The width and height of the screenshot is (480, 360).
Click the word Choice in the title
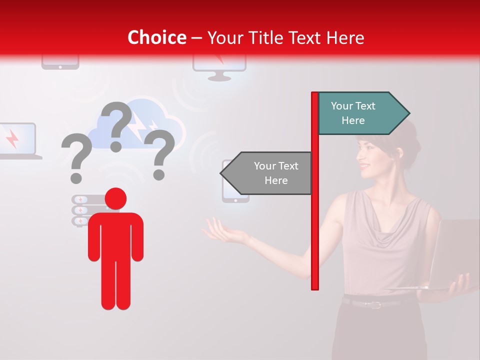[156, 37]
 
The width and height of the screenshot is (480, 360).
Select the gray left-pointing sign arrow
[267, 173]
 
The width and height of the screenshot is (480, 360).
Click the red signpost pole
[315, 210]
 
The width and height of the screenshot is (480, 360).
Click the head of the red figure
[115, 198]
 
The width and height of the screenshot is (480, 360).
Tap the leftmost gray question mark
[76, 158]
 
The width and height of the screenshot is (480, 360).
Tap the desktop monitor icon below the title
[219, 67]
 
